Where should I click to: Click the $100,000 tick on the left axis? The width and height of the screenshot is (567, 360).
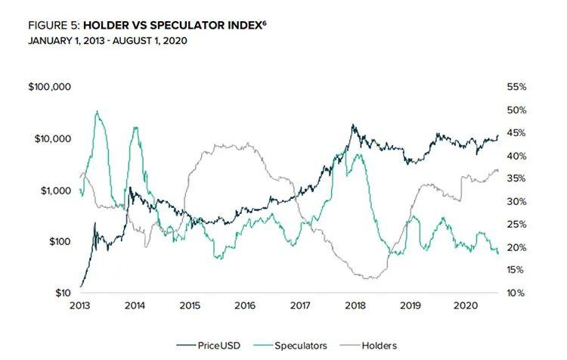(49, 88)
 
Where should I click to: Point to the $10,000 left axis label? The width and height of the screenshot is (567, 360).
(52, 139)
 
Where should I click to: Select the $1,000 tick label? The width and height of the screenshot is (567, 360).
(54, 191)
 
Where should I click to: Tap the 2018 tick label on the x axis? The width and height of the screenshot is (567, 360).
(355, 306)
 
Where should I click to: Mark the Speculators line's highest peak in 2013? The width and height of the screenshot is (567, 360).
(98, 111)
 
